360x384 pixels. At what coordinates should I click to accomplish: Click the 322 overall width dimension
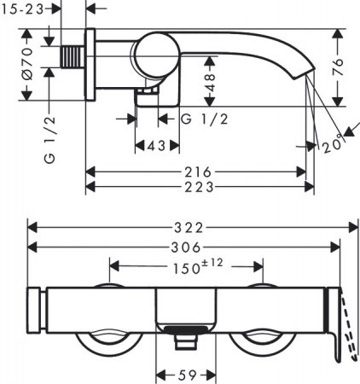click(189, 228)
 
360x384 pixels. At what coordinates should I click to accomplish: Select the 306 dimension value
click(186, 247)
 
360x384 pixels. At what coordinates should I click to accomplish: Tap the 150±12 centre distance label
click(198, 266)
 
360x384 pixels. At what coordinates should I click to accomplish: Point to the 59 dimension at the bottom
click(188, 375)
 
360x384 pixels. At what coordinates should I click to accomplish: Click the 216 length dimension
click(198, 172)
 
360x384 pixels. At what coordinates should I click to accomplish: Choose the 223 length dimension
click(199, 187)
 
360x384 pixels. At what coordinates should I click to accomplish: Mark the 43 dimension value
click(156, 146)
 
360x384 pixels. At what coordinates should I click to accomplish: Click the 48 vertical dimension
click(210, 82)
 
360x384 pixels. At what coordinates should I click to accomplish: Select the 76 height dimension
click(339, 67)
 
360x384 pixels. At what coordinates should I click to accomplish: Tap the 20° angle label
click(332, 145)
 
